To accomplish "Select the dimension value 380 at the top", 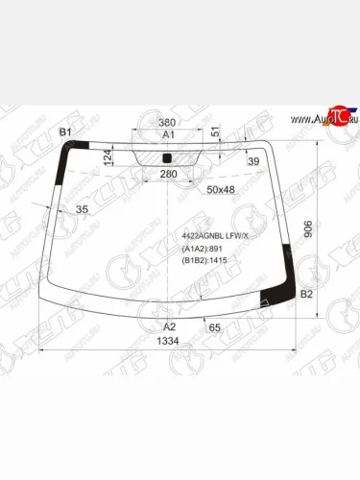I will [167, 123].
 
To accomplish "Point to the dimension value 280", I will [168, 174].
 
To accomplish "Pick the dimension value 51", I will [215, 132].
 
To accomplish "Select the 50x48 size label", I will [220, 190].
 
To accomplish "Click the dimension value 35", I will [82, 209].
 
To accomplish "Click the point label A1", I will [168, 135].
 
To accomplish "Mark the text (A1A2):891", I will [202, 249].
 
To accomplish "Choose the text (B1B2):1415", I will [204, 260].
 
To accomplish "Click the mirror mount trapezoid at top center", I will [168, 156].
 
